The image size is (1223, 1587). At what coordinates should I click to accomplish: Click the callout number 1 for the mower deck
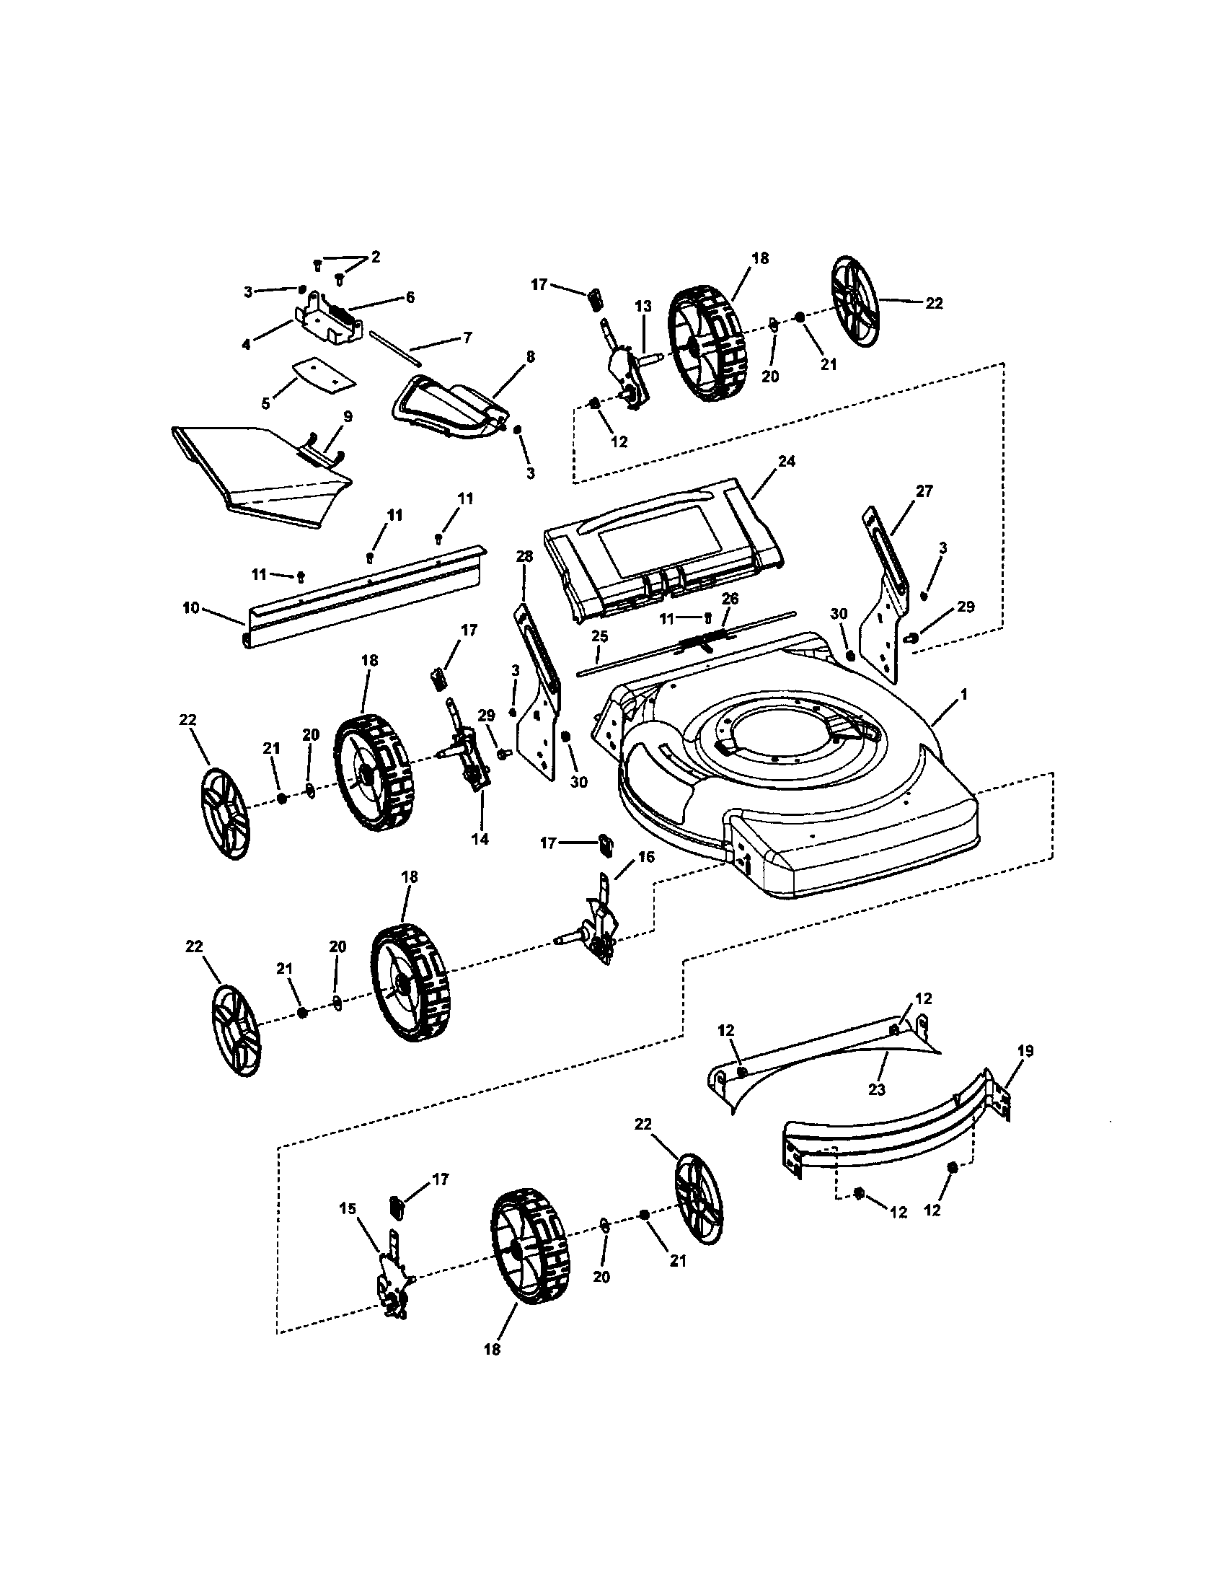(x=963, y=695)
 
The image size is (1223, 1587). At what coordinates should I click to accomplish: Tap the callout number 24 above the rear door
(x=786, y=462)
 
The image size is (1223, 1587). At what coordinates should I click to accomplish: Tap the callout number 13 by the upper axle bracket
(x=643, y=307)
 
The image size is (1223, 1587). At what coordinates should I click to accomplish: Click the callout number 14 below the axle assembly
(x=480, y=839)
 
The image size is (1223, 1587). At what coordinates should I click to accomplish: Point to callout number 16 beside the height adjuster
(x=645, y=857)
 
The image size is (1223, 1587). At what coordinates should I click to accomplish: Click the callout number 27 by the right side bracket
(x=924, y=491)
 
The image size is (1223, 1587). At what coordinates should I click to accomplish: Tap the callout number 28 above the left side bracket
(x=524, y=557)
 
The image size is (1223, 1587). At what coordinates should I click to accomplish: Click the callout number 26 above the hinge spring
(x=730, y=598)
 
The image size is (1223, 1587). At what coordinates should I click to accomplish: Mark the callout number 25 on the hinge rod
(x=599, y=636)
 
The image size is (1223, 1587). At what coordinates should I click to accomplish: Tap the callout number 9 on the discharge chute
(x=348, y=416)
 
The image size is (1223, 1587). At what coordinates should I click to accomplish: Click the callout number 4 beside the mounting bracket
(x=246, y=344)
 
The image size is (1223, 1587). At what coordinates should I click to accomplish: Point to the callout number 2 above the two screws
(x=375, y=257)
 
